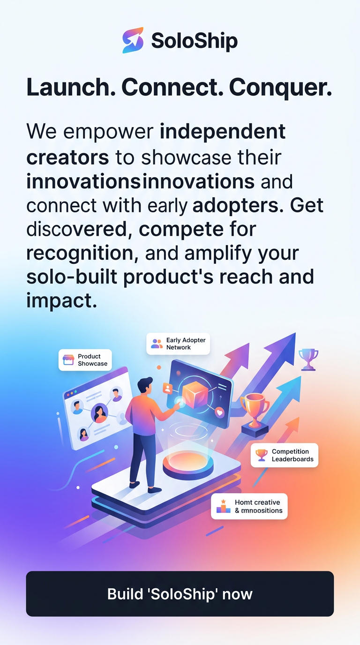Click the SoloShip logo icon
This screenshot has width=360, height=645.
click(133, 40)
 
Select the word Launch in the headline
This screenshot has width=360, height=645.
click(71, 88)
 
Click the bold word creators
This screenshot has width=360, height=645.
click(67, 157)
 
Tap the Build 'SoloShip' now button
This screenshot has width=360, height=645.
click(180, 593)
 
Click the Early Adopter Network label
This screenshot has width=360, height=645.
click(178, 344)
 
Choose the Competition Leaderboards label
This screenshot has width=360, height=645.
click(285, 455)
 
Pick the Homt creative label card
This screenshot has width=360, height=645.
click(249, 506)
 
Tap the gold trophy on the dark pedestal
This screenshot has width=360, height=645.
click(255, 406)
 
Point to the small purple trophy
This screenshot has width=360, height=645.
click(308, 357)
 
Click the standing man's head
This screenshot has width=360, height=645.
click(146, 385)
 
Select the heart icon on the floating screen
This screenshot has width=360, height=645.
click(219, 412)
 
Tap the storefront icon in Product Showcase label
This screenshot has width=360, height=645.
click(69, 360)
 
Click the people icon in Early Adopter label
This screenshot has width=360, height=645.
click(157, 344)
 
